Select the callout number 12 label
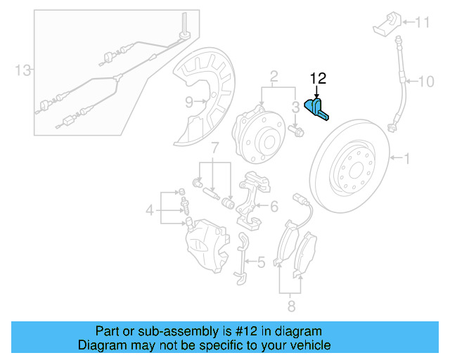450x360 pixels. pyautogui.click(x=318, y=78)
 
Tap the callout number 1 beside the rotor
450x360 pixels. pyautogui.click(x=405, y=159)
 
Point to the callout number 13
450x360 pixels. pyautogui.click(x=24, y=70)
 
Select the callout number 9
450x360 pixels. pyautogui.click(x=189, y=102)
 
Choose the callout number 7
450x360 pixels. pyautogui.click(x=216, y=148)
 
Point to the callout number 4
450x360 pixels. pyautogui.click(x=149, y=210)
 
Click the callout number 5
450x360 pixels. pyautogui.click(x=261, y=263)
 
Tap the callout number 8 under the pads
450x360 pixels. pyautogui.click(x=291, y=306)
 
